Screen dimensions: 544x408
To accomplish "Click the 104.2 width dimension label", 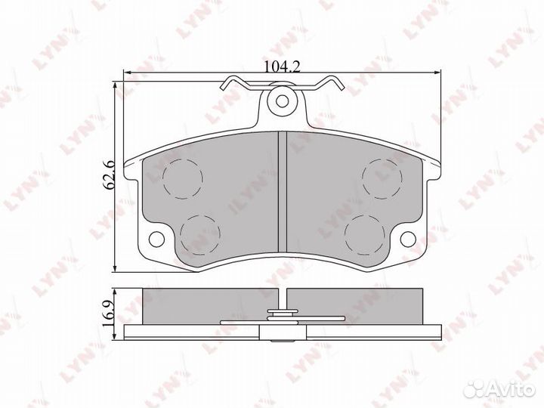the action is pos(282,66).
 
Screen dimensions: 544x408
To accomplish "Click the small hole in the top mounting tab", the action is pos(283,101).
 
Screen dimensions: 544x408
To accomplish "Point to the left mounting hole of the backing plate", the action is pos(156,238).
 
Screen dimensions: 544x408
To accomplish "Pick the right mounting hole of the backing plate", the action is pos(408,238).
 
